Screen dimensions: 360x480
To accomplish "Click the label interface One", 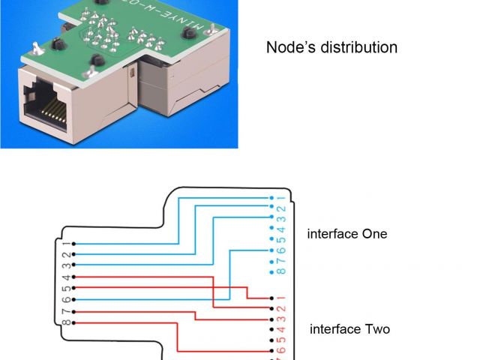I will click(x=347, y=234).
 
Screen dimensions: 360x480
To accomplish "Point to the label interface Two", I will click(x=349, y=329).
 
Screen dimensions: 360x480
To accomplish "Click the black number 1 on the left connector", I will click(x=66, y=244).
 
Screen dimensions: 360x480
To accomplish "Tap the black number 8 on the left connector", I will click(x=66, y=322).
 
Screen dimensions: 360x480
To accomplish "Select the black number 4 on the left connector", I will click(x=66, y=277).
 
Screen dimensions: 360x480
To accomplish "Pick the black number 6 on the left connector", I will click(x=66, y=299).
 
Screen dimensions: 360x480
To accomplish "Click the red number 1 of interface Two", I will click(x=281, y=298).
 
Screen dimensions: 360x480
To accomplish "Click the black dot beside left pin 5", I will click(x=73, y=288).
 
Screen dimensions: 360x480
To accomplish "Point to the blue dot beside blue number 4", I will click(x=270, y=229).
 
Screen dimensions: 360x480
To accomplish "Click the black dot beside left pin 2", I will click(x=73, y=254).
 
